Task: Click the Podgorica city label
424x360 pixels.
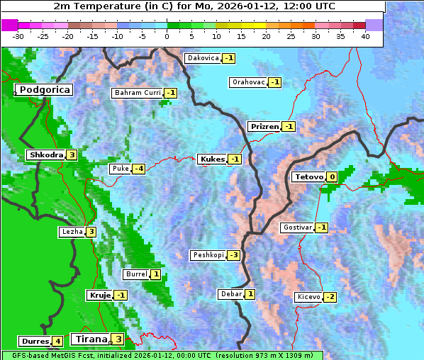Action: coord(45,90)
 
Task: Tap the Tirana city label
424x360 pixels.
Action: coord(91,339)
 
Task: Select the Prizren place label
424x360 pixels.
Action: coord(264,127)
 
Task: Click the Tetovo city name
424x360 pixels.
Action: coord(308,177)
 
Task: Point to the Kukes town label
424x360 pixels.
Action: coord(212,159)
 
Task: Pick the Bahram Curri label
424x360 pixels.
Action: coord(138,93)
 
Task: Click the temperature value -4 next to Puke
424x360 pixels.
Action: coord(139,169)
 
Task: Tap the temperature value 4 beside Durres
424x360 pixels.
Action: coord(57,342)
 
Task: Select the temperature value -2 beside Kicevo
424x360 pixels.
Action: coord(330,297)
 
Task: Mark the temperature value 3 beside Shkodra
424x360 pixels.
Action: coord(72,155)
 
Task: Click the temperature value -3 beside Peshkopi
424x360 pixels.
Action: coord(233,255)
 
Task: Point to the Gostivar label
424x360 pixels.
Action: coord(297,227)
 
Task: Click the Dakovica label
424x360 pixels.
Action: coord(203,58)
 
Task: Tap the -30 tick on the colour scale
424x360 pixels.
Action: coord(18,35)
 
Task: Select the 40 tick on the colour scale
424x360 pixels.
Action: coord(365,35)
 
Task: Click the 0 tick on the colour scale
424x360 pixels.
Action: coord(167,35)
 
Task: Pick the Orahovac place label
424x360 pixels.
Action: coord(249,82)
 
